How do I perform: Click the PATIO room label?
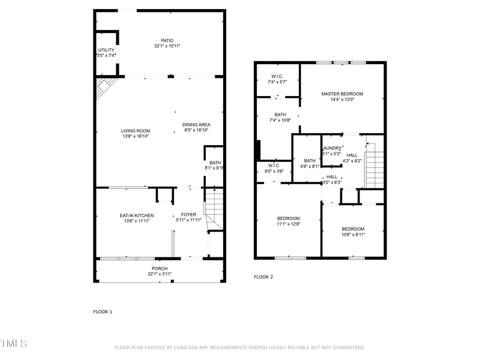158,41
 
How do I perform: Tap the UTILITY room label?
106,50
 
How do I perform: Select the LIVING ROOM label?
136,131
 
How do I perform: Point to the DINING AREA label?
196,125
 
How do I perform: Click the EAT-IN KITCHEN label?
137,215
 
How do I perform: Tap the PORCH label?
160,268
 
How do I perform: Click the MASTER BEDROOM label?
342,94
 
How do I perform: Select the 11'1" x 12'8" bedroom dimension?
289,224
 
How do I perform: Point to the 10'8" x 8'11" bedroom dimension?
353,234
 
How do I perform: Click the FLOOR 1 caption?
103,311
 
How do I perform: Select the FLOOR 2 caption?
263,277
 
